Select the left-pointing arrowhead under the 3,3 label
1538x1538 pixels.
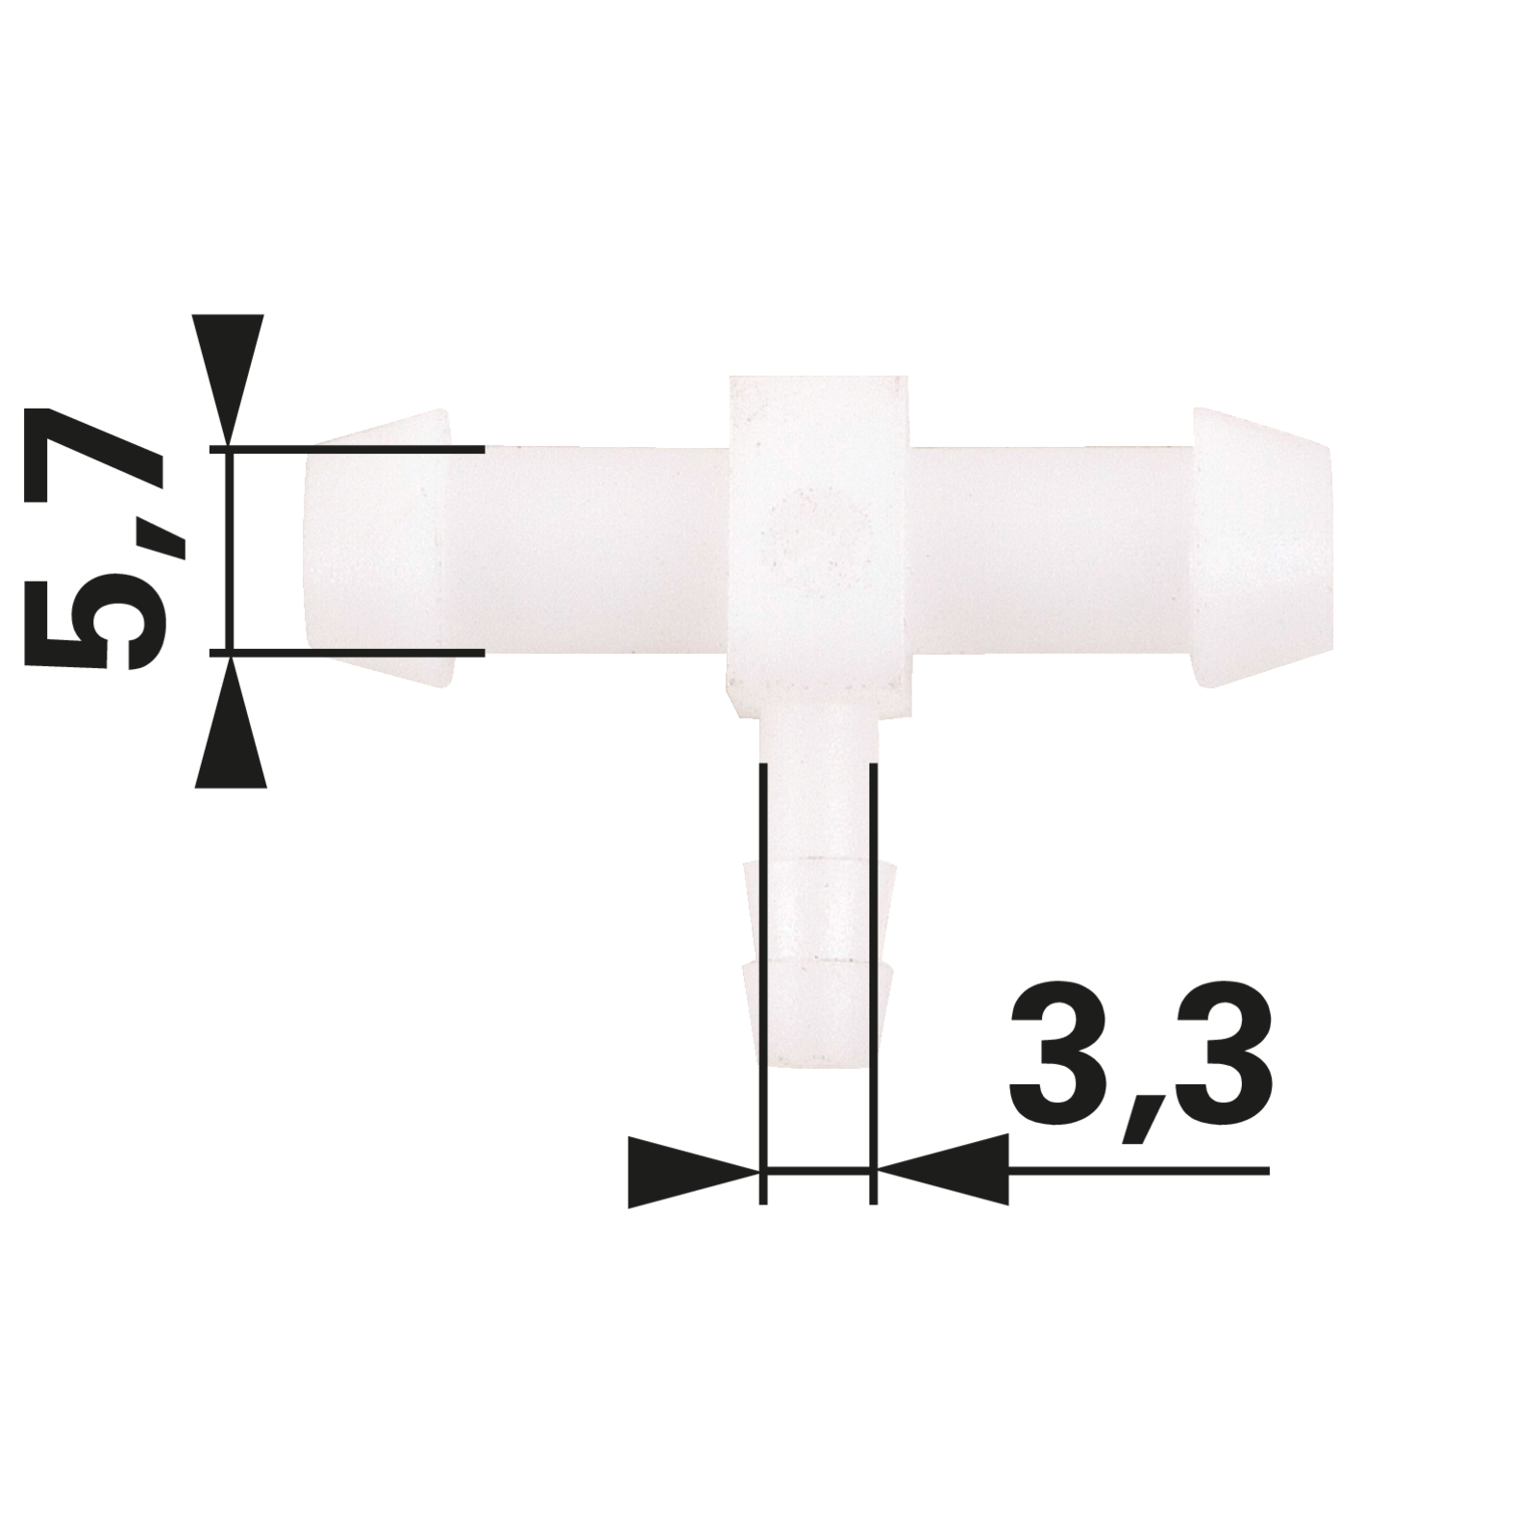pos(942,1171)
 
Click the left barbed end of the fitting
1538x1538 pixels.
pos(375,548)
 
